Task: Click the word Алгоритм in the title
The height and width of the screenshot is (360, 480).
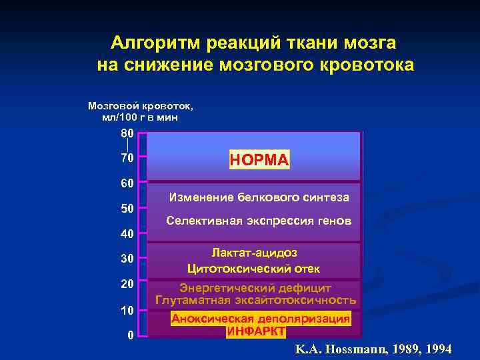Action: click(156, 43)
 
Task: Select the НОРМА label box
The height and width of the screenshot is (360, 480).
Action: click(259, 160)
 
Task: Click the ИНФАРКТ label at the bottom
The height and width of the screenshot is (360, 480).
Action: click(256, 331)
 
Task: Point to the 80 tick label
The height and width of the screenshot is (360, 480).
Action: click(127, 133)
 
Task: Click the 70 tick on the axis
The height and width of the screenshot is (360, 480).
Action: click(127, 158)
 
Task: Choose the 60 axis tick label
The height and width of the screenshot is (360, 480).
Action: click(127, 183)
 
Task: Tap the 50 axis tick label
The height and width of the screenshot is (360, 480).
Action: click(127, 209)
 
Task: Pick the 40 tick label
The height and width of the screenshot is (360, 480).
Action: click(127, 234)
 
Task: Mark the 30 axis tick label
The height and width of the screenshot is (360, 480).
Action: click(127, 259)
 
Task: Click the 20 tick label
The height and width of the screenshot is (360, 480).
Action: click(127, 284)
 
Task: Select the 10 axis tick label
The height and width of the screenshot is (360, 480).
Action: click(127, 311)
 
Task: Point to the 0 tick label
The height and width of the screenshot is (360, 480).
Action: click(131, 335)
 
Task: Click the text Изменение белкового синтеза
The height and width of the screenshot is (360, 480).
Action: click(259, 197)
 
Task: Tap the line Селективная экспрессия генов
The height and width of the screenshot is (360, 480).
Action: click(258, 221)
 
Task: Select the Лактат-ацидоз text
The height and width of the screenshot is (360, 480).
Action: click(254, 253)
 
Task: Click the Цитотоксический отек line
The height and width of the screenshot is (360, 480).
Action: click(254, 269)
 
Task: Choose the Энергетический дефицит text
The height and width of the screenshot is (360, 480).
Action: click(255, 288)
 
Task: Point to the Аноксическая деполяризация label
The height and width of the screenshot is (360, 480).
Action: click(261, 319)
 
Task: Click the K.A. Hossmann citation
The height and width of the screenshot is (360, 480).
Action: click(373, 349)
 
